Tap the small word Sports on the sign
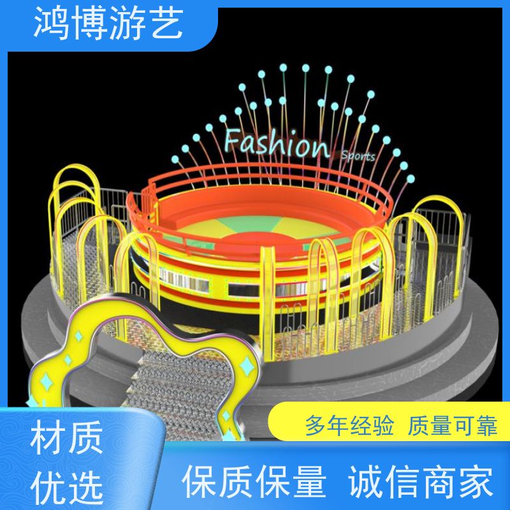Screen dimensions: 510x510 point(358,156)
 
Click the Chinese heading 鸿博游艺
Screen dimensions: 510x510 point(108,24)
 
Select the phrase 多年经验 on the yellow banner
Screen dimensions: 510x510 point(349,425)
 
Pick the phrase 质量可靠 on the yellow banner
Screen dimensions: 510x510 point(453,425)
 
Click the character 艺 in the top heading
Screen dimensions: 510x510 point(166,24)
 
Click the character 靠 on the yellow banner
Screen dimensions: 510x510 point(486,425)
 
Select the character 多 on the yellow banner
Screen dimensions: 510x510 point(316,425)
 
